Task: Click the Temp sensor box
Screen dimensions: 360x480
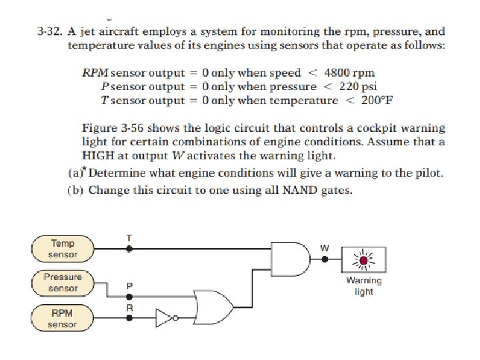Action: pyautogui.click(x=64, y=249)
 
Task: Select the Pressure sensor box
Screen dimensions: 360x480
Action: pyautogui.click(x=63, y=282)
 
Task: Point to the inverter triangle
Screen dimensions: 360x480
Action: pyautogui.click(x=165, y=318)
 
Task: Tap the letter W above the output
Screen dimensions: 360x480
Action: pyautogui.click(x=325, y=248)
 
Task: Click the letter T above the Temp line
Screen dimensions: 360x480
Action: pyautogui.click(x=129, y=237)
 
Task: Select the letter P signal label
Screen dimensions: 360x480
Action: pyautogui.click(x=130, y=285)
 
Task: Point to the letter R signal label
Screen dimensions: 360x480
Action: pyautogui.click(x=130, y=307)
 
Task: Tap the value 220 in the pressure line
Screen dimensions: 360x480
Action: pyautogui.click(x=350, y=87)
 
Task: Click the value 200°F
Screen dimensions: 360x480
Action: pyautogui.click(x=373, y=101)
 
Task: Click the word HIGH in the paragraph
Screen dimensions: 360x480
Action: pyautogui.click(x=98, y=155)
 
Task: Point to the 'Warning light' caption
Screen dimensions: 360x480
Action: pyautogui.click(x=363, y=286)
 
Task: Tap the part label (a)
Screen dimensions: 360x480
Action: pyautogui.click(x=76, y=173)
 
